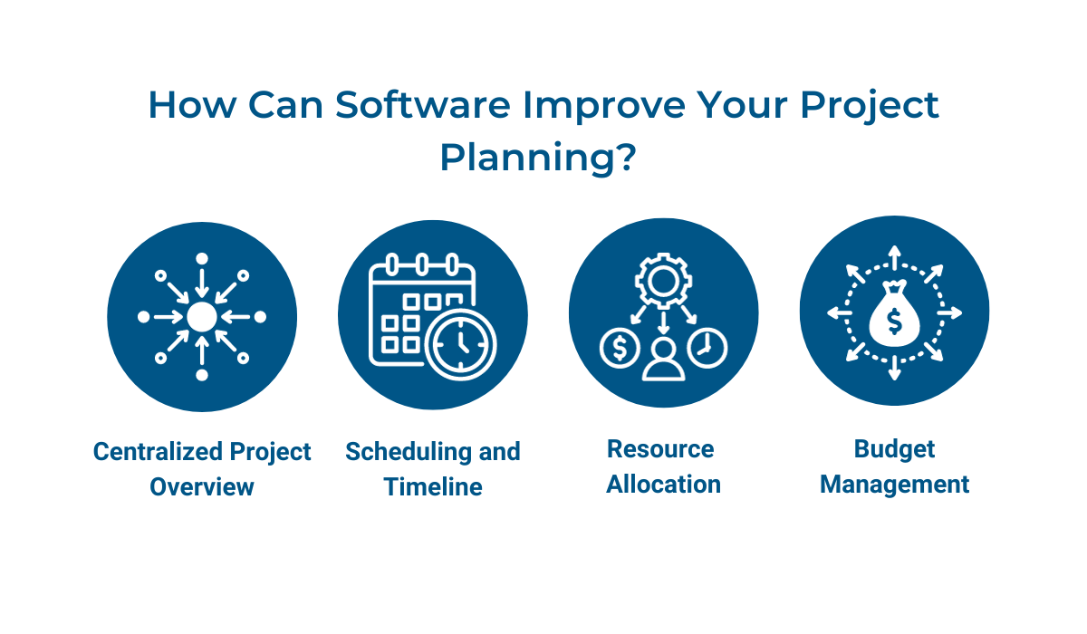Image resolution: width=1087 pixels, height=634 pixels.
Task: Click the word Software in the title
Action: pos(423,104)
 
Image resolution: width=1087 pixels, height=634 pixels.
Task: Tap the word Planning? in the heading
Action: pos(538,157)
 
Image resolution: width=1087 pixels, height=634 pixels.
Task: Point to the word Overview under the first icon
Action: pos(202,486)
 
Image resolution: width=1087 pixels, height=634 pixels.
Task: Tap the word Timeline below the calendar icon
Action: pos(433,486)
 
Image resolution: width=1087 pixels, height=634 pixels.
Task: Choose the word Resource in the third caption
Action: pos(660,448)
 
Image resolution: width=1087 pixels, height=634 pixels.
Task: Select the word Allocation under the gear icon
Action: pos(663,485)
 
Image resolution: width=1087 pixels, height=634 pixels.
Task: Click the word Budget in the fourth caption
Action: pos(894,449)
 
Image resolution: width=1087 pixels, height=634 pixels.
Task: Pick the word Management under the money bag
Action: pos(894,485)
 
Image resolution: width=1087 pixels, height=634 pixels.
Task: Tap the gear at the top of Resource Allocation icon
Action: pos(663,281)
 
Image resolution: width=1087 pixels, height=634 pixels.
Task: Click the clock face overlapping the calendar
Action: pos(460,344)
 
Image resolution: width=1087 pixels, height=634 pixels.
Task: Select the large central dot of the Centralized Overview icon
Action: pos(202,317)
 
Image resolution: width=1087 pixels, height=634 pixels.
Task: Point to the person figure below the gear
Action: pos(663,360)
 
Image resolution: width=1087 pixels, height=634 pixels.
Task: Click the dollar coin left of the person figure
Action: pos(620,348)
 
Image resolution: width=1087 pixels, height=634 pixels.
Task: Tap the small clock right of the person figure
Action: pos(707,348)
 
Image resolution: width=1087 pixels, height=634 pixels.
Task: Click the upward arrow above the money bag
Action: pos(894,257)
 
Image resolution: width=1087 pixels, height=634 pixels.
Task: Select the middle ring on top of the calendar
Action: pos(422,264)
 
